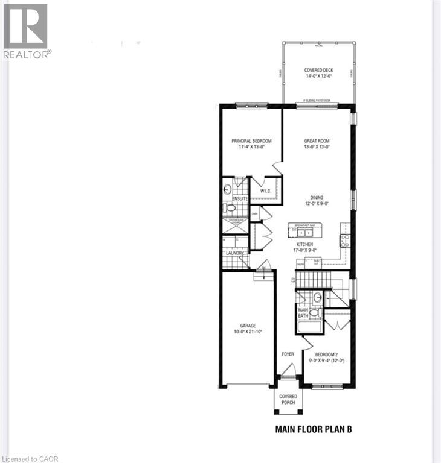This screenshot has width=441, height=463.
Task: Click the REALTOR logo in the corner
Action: pos(26,30)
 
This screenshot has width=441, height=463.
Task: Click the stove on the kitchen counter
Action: pos(345,241)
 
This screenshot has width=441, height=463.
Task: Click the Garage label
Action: pos(248,326)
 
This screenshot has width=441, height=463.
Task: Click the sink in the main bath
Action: pos(318,297)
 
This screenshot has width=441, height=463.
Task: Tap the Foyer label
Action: pos(288,354)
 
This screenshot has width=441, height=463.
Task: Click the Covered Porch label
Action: pos(288,400)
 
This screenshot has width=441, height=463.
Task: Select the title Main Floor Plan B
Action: pos(313,430)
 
